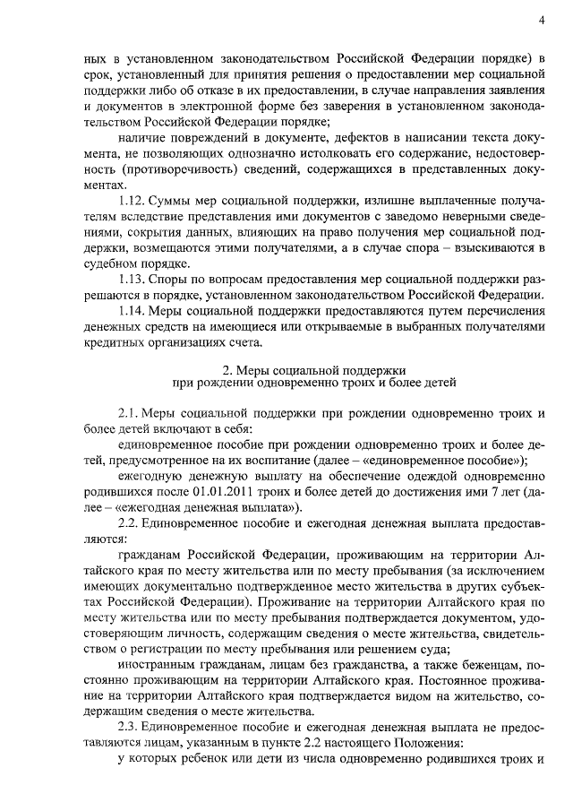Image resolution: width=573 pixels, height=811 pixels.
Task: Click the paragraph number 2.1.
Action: pos(128,412)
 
